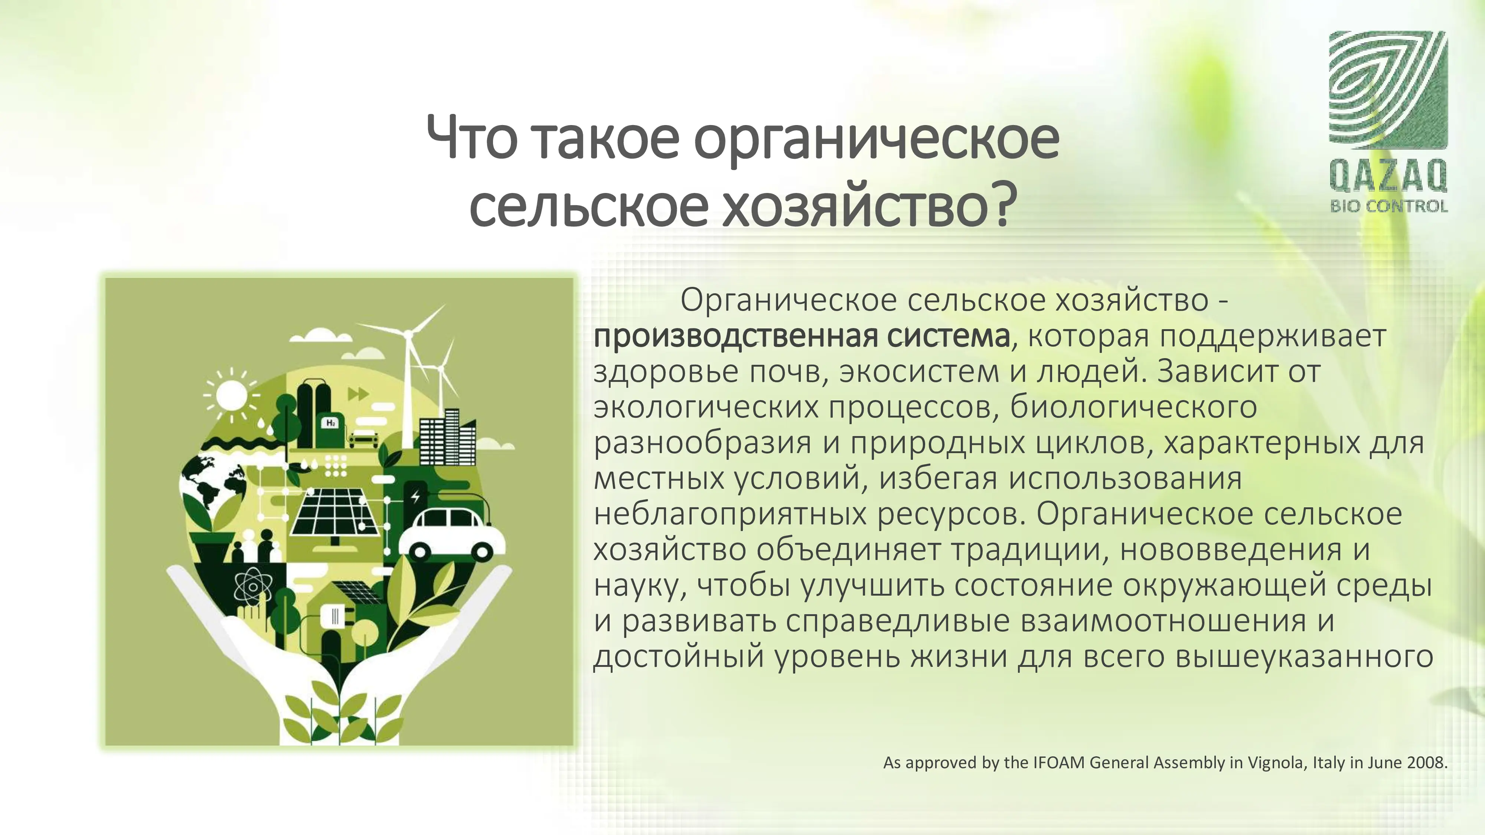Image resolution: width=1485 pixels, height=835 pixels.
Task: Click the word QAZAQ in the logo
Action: point(1388,176)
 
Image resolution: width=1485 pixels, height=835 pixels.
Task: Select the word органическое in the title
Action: point(876,140)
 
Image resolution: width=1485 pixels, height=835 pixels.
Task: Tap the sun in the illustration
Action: point(231,395)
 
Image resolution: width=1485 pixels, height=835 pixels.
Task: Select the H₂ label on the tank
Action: point(331,423)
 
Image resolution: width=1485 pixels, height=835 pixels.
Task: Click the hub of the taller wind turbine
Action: point(408,334)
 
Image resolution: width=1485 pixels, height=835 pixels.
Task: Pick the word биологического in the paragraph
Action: point(1133,407)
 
